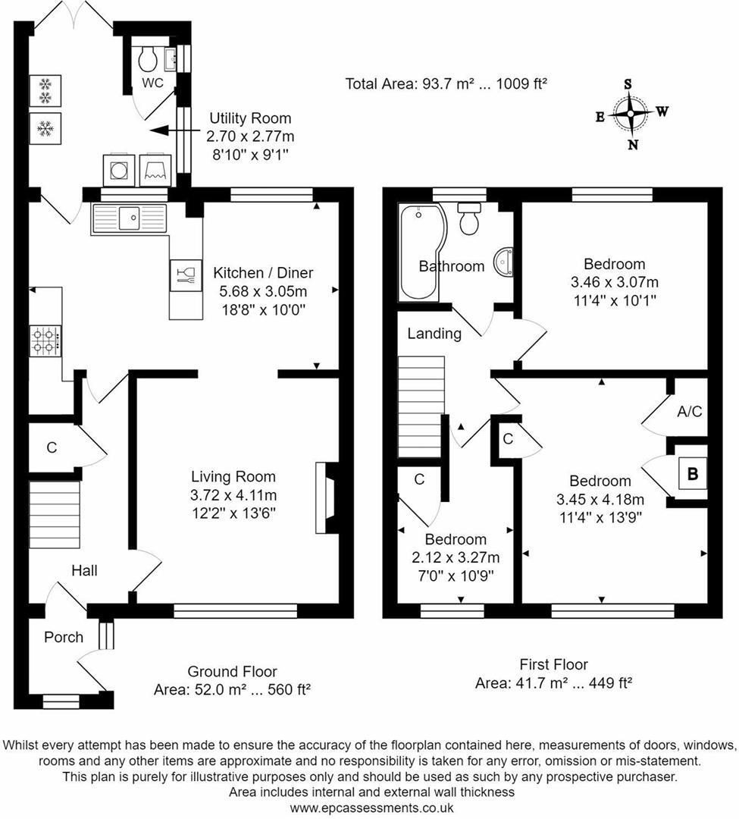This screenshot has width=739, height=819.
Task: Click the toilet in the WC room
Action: [148, 56]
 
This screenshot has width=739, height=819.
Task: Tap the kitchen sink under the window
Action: [129, 219]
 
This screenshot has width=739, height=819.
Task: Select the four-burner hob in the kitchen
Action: [45, 340]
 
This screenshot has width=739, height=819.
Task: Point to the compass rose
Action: [630, 115]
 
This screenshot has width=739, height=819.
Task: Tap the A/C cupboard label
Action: [689, 412]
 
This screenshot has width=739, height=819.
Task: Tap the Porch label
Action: [64, 637]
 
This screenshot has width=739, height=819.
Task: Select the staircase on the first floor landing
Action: [421, 406]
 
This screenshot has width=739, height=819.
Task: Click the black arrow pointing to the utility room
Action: [163, 131]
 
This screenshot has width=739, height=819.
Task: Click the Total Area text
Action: [446, 83]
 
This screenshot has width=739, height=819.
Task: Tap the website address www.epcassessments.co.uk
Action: [371, 808]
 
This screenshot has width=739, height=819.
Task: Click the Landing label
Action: [434, 334]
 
